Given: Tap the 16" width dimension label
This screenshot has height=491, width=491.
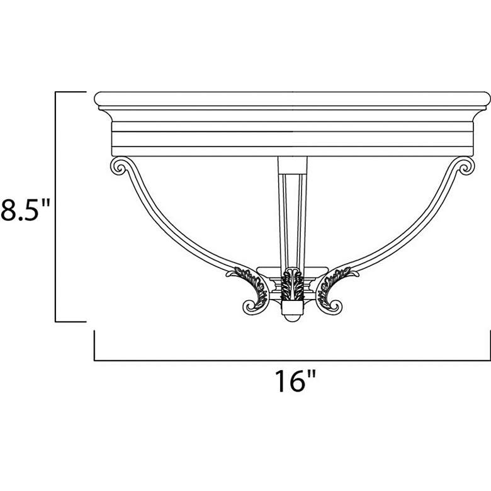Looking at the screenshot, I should (x=294, y=382).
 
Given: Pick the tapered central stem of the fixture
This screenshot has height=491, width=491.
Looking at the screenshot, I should (x=291, y=208).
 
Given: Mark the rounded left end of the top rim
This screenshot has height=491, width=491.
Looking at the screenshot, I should (x=98, y=99).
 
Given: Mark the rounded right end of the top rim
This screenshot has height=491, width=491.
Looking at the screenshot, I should (x=485, y=99).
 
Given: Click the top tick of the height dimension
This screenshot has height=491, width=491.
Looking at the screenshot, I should (x=71, y=92).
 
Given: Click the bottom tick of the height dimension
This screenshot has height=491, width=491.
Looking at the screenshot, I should (x=71, y=322).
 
